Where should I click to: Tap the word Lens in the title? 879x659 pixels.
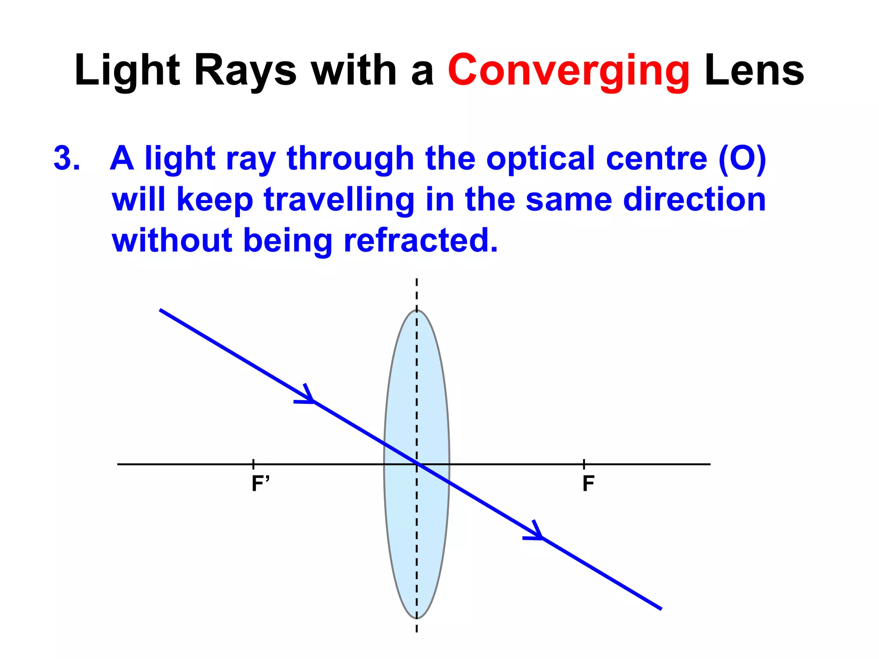[754, 71]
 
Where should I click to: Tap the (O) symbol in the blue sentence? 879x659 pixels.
[742, 159]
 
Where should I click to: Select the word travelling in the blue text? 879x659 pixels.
[339, 200]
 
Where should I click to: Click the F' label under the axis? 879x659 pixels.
[261, 484]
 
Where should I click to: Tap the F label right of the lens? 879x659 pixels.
[588, 484]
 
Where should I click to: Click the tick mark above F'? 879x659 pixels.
[253, 463]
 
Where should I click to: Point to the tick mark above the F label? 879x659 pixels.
[584, 463]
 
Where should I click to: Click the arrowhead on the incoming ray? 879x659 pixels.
[308, 397]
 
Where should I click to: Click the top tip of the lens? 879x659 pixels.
[417, 310]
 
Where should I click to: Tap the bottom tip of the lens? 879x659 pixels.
[417, 618]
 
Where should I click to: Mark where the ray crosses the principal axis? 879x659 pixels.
[417, 464]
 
